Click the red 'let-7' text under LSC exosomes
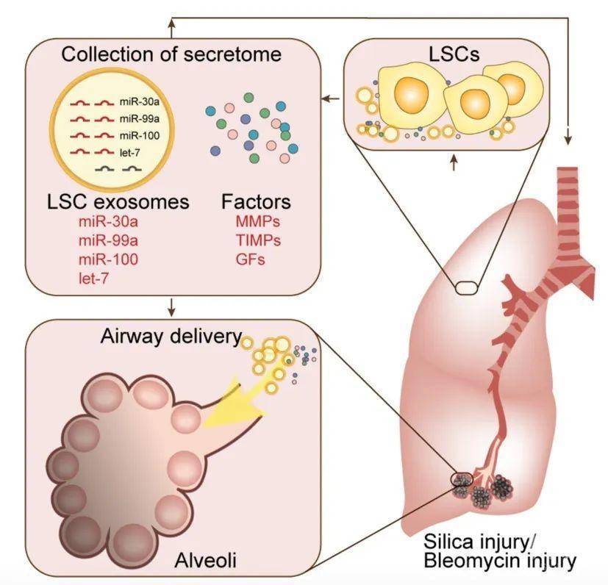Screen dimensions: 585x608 [93, 277]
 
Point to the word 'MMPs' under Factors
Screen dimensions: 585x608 [251, 222]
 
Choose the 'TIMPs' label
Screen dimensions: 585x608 [253, 240]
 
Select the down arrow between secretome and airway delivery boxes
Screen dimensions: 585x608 [171, 305]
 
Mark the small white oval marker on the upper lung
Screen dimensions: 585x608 [465, 288]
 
